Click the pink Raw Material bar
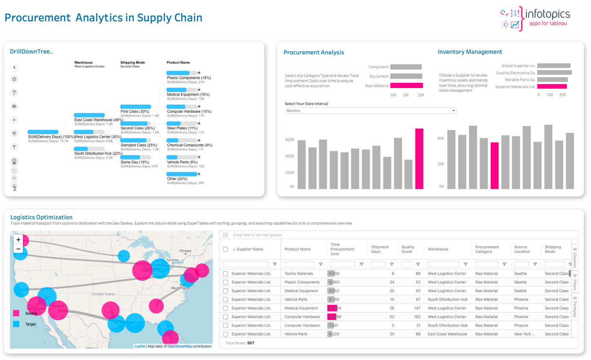pyautogui.click(x=407, y=85)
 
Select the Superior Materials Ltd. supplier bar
pyautogui.click(x=552, y=87)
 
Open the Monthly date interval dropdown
pyautogui.click(x=371, y=111)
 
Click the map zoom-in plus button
pyautogui.click(x=18, y=240)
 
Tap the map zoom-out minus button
pyautogui.click(x=18, y=249)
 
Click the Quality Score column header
pyautogui.click(x=408, y=249)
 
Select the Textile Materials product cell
pyautogui.click(x=299, y=273)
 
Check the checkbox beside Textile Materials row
pyautogui.click(x=225, y=273)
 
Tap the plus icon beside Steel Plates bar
pyautogui.click(x=199, y=123)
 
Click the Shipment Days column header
pyautogui.click(x=380, y=249)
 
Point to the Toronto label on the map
pyautogui.click(x=172, y=260)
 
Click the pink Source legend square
pyautogui.click(x=16, y=313)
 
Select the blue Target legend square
pyautogui.click(x=16, y=324)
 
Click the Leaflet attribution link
pyautogui.click(x=140, y=346)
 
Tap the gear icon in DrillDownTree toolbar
pyautogui.click(x=14, y=79)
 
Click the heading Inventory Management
pyautogui.click(x=470, y=52)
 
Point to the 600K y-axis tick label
pyautogui.click(x=290, y=139)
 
